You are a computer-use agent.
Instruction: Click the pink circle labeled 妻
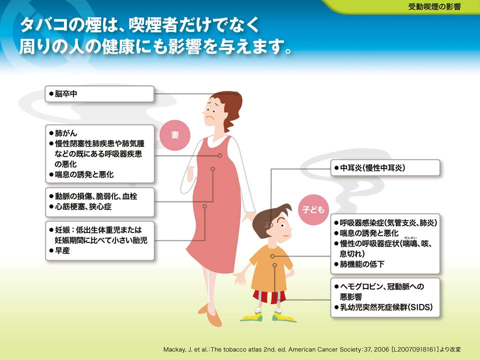click(x=175, y=135)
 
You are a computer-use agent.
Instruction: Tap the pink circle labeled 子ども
click(x=313, y=209)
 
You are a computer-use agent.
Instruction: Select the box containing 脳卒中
click(x=99, y=93)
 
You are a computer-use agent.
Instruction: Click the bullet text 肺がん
click(x=63, y=133)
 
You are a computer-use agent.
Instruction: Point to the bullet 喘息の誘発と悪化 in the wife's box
click(x=81, y=174)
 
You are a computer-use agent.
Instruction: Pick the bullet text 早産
click(x=59, y=250)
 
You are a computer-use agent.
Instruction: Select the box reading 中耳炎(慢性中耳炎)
click(x=385, y=167)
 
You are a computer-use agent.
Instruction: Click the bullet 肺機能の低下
click(x=359, y=264)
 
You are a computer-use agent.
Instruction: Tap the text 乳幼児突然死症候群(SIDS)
click(x=383, y=306)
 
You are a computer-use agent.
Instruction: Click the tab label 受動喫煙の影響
click(x=434, y=6)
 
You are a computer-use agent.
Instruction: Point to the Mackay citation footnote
click(x=312, y=349)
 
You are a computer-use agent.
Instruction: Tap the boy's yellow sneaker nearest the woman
click(x=251, y=316)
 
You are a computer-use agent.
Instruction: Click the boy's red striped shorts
click(x=269, y=296)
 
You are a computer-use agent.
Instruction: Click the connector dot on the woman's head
click(x=236, y=93)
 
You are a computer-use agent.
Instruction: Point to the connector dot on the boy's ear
click(x=271, y=225)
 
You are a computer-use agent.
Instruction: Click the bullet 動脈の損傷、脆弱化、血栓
click(x=93, y=196)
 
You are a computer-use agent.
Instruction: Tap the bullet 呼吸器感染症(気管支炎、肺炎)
click(x=385, y=222)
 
